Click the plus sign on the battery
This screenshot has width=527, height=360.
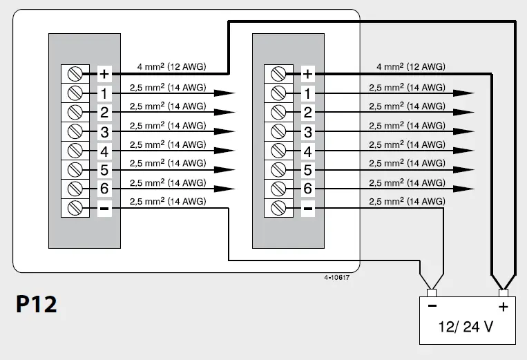pos(503,306)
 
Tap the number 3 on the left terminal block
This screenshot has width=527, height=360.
pos(104,131)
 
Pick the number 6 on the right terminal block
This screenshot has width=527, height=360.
pos(308,189)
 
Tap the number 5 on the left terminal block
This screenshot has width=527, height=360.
pos(104,169)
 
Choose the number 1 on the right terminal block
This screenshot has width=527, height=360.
pos(308,93)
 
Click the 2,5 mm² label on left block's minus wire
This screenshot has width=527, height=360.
pos(167,201)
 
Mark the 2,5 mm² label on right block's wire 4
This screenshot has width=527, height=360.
pos(406,144)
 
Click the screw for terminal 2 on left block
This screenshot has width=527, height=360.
pos(75,112)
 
